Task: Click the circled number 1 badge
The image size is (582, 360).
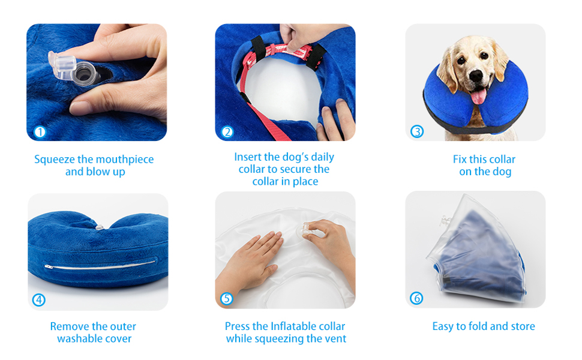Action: (40, 132)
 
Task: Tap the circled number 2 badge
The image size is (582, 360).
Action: (227, 132)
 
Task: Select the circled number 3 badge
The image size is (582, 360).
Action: (417, 131)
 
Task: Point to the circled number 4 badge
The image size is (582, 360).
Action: (39, 300)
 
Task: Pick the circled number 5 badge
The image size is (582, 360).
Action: (227, 298)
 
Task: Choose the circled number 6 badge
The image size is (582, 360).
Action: (416, 298)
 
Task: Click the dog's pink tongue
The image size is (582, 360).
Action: (478, 96)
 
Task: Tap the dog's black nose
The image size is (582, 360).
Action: (476, 76)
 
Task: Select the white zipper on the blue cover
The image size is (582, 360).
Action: (100, 264)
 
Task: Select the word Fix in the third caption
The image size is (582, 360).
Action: (460, 159)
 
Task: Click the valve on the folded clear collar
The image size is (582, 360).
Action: (445, 221)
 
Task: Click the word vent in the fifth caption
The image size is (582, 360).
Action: (336, 338)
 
